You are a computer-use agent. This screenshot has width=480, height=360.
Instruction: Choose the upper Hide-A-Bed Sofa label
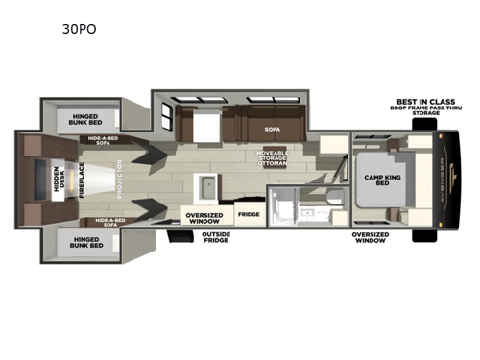108,140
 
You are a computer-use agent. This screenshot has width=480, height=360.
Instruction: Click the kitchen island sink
204,185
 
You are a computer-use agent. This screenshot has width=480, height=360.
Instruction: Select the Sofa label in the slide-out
272,127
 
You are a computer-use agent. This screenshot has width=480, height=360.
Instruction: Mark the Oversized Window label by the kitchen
204,215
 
